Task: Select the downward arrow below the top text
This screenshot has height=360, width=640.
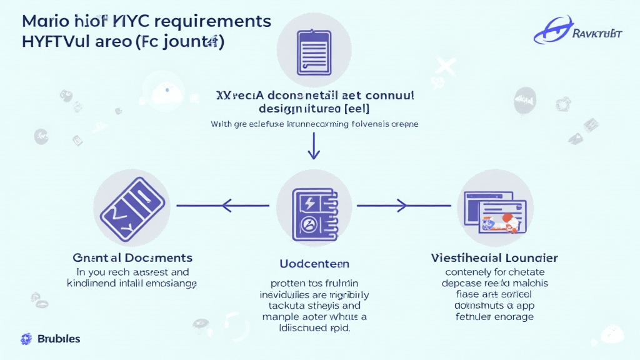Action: pyautogui.click(x=314, y=147)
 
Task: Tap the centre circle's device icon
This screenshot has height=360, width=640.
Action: pyautogui.click(x=312, y=206)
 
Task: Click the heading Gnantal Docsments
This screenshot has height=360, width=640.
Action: pyautogui.click(x=132, y=257)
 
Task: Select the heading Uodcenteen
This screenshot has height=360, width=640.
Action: pyautogui.click(x=314, y=264)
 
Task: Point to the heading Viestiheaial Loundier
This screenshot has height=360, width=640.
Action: pyautogui.click(x=494, y=257)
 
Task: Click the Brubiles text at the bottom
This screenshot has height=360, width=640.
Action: pyautogui.click(x=59, y=339)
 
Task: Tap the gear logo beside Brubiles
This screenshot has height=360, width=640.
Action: pyautogui.click(x=26, y=339)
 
